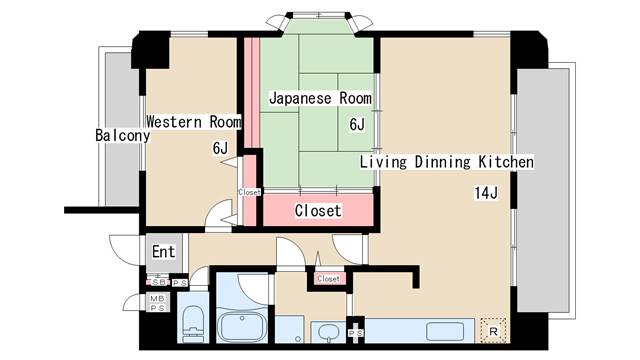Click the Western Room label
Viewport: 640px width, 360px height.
click(194, 122)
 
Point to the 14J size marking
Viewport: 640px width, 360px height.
click(486, 193)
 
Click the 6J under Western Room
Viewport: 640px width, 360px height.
click(220, 148)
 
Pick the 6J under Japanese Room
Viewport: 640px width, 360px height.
click(357, 125)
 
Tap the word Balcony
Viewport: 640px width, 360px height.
click(122, 135)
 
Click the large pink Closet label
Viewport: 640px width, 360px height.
click(318, 211)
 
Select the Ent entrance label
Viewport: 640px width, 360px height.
click(163, 251)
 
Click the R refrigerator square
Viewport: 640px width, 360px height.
click(492, 328)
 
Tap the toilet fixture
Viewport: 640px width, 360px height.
click(193, 323)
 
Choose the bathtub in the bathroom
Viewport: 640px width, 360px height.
click(241, 326)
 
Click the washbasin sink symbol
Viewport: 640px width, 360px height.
click(326, 331)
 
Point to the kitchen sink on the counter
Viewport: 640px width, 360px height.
click(446, 330)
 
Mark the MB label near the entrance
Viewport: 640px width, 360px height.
click(156, 298)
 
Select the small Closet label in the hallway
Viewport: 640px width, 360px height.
click(328, 279)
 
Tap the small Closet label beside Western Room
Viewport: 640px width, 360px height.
click(249, 192)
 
